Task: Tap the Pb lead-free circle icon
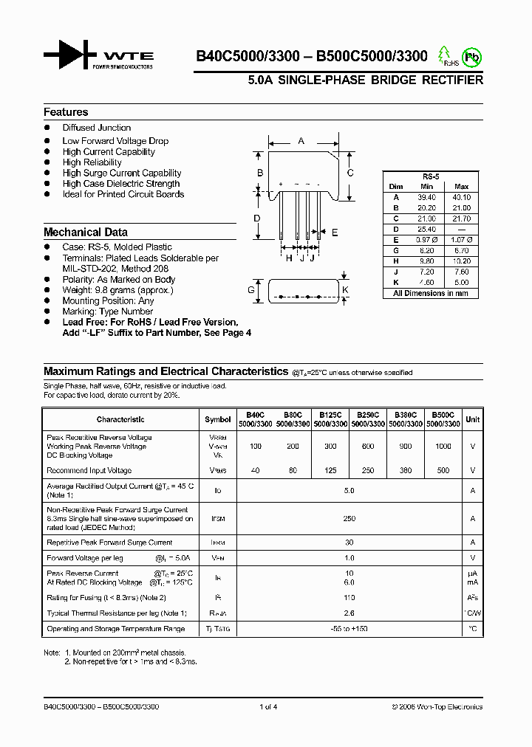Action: click(x=471, y=55)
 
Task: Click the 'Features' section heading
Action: click(x=66, y=112)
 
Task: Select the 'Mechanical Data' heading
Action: click(x=85, y=232)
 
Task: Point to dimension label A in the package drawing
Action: click(x=301, y=140)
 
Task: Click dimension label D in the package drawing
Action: click(x=257, y=218)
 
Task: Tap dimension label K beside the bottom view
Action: click(x=345, y=290)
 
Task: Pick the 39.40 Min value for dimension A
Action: click(x=426, y=198)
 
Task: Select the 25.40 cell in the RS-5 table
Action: click(x=426, y=229)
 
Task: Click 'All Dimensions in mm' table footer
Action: click(x=431, y=293)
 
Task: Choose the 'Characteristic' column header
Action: click(x=120, y=419)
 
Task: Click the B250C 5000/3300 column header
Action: click(x=366, y=419)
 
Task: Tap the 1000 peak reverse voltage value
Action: click(x=443, y=447)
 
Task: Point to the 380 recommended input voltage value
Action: click(x=405, y=470)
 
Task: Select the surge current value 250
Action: click(x=349, y=519)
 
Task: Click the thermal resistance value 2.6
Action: click(x=349, y=613)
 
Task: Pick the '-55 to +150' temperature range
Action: click(x=349, y=628)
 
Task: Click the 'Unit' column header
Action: click(x=472, y=419)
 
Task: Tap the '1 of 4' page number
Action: click(x=268, y=707)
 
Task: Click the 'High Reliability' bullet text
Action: click(x=92, y=162)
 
